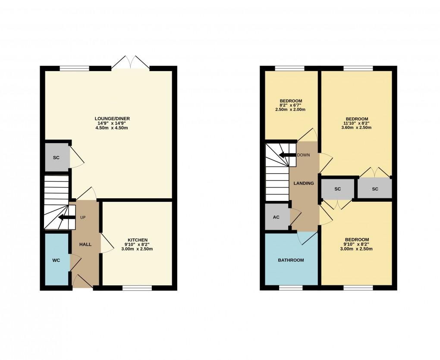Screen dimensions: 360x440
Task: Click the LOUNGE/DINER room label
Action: [x=113, y=119]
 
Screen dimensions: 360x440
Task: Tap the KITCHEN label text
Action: [x=138, y=240]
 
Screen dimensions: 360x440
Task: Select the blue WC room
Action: [x=56, y=260]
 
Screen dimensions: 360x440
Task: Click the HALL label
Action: [x=85, y=244]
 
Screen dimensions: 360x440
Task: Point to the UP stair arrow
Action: [x=66, y=217]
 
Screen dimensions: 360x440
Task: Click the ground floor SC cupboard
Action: [x=57, y=157]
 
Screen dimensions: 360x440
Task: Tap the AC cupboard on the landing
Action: [x=277, y=217]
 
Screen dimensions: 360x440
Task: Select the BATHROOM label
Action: [x=291, y=260]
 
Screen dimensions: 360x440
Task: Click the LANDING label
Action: [x=304, y=183]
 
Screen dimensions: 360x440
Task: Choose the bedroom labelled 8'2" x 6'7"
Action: [x=291, y=105]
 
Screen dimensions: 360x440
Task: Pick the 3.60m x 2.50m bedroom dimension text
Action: [x=357, y=128]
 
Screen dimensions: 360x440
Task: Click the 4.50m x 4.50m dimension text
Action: [x=113, y=128]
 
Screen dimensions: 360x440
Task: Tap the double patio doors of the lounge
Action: [x=130, y=63]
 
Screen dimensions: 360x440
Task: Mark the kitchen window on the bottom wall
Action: [x=137, y=288]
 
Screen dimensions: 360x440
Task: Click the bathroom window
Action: [x=291, y=288]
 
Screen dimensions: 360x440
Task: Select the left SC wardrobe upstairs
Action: [x=337, y=189]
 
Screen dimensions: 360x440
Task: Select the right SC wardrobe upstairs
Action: [x=374, y=189]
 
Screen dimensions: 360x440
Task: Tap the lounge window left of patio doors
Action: [x=74, y=68]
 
